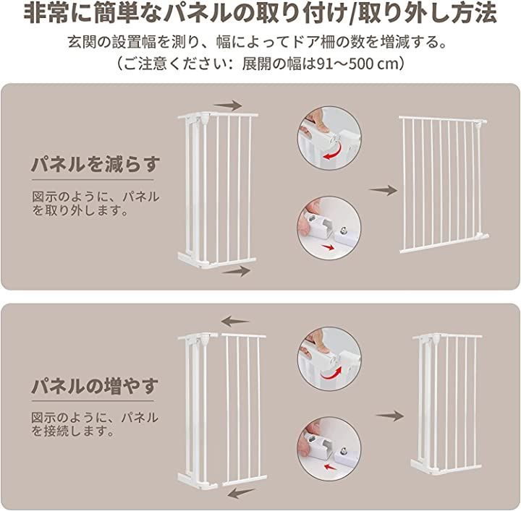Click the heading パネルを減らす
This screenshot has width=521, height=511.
pos(96,165)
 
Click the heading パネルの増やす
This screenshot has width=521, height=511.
pos(95,385)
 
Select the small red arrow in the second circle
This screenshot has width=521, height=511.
pos(329,247)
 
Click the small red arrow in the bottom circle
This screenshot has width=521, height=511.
pos(329,467)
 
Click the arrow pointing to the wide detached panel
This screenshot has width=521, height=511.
pos(383,191)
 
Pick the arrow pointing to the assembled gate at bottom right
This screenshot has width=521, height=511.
pos(390,416)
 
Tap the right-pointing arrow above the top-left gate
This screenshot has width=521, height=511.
pos(228,106)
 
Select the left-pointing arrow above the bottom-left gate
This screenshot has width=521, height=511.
pos(235,321)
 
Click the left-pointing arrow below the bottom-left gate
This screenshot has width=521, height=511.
pos(242,491)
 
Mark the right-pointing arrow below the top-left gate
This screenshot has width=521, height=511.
pos(236,271)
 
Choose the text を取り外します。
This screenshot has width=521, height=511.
pos(80,210)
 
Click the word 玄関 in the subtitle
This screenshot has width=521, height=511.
pos(82,42)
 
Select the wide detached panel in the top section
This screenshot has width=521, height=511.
pos(444,184)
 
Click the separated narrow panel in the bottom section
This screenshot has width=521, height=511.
pos(245,410)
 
